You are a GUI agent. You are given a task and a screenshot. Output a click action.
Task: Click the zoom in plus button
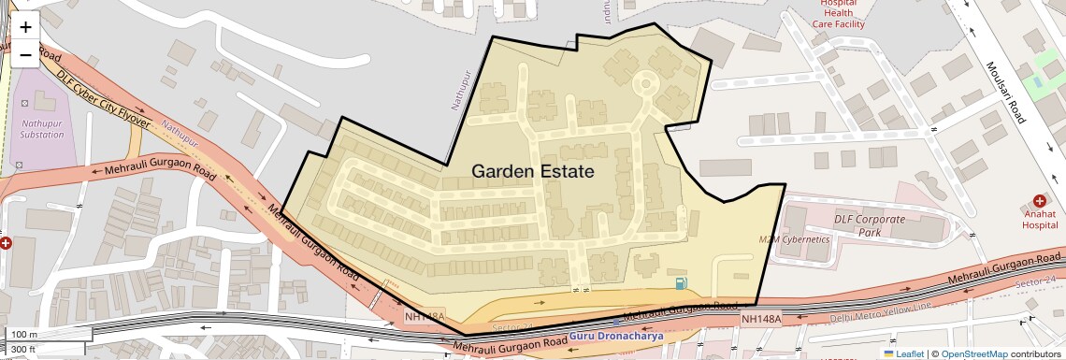[25, 27]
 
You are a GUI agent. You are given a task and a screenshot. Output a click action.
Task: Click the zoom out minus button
[25, 54]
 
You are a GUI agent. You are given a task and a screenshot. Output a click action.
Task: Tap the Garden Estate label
[532, 172]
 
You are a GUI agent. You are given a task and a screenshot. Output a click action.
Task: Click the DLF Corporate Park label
[870, 225]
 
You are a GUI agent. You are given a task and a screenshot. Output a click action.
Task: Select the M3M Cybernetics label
[794, 239]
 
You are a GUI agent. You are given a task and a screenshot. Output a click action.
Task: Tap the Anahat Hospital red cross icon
[1039, 200]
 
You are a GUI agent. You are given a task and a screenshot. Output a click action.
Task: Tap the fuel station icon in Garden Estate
[680, 283]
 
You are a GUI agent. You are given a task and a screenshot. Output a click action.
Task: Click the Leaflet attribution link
[903, 353]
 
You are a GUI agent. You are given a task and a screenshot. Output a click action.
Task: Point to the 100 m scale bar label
[24, 334]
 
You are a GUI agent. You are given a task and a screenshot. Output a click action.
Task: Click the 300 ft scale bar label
[23, 350]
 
